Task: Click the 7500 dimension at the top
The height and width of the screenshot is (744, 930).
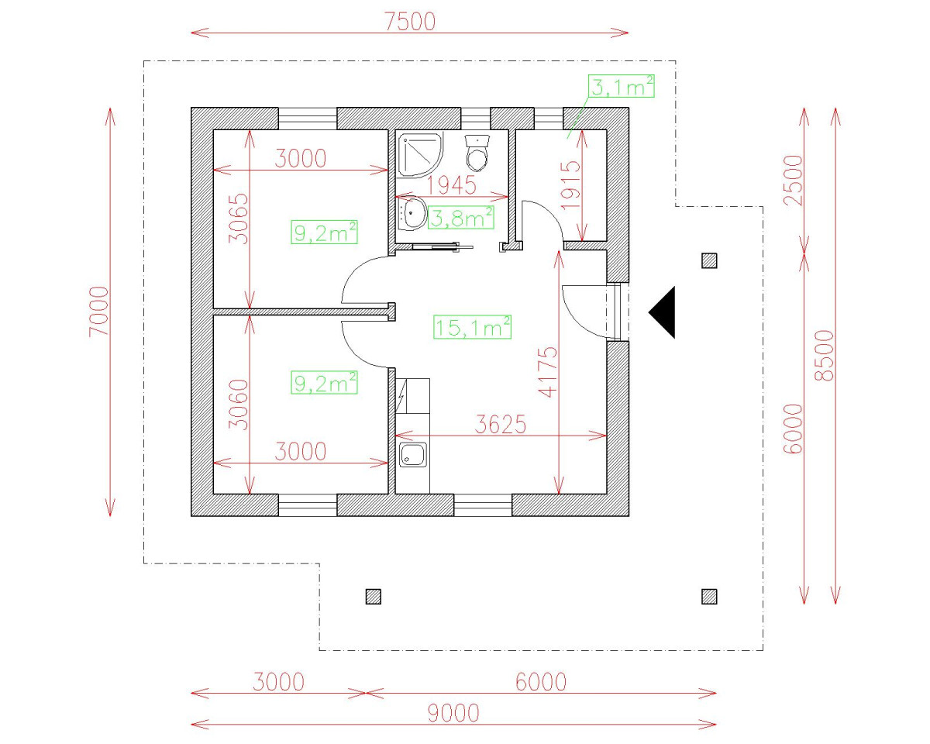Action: pyautogui.click(x=410, y=22)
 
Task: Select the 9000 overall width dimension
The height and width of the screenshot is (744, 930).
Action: pyautogui.click(x=453, y=712)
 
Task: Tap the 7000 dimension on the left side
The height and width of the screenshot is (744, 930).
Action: pyautogui.click(x=99, y=312)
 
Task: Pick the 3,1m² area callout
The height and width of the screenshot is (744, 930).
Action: pyautogui.click(x=622, y=87)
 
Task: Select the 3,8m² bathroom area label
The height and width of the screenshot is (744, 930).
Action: pyautogui.click(x=462, y=218)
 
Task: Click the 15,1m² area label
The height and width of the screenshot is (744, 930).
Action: pyautogui.click(x=472, y=327)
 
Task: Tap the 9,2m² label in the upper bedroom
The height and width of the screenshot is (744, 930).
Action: pyautogui.click(x=324, y=232)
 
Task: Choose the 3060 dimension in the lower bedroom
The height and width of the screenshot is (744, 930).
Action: pyautogui.click(x=239, y=405)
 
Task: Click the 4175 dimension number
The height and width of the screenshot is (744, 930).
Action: pyautogui.click(x=548, y=372)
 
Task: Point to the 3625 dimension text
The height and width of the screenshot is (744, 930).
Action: pyautogui.click(x=501, y=425)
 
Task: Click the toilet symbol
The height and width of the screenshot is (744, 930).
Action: pyautogui.click(x=477, y=153)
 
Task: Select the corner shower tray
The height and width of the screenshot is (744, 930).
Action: pyautogui.click(x=418, y=155)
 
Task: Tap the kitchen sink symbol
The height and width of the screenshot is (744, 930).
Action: pyautogui.click(x=413, y=456)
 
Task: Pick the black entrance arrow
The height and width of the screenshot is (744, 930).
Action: pyautogui.click(x=663, y=312)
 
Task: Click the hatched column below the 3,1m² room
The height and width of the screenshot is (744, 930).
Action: pyautogui.click(x=708, y=260)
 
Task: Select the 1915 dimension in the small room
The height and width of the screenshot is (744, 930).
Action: pyautogui.click(x=571, y=184)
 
